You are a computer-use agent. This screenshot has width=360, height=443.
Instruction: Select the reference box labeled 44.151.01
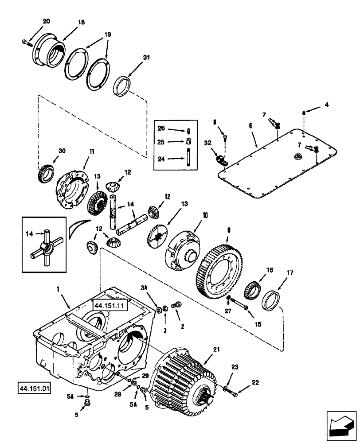click(35, 389)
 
